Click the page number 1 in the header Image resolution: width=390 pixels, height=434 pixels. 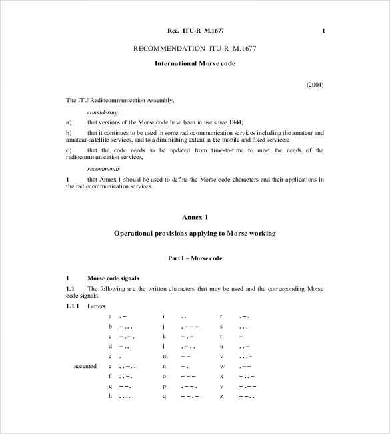pos(323,31)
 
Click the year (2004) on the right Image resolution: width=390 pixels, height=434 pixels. pos(315,85)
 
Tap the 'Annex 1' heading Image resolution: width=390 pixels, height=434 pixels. pos(195,217)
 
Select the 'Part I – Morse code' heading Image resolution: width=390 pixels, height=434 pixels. pos(195,257)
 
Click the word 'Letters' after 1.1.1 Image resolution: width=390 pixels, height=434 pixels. pos(96,306)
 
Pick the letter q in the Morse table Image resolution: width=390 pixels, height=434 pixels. pos(163,396)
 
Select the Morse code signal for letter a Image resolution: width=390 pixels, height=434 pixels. pos(123,316)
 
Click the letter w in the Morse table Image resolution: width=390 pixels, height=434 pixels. pos(221,367)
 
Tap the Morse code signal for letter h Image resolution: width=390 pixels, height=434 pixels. pos(123,396)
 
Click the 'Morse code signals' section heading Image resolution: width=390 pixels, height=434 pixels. pos(113,277)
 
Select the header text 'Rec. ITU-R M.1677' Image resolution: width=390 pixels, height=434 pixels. pos(195,31)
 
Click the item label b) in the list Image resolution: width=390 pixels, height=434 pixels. pos(69,132)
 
